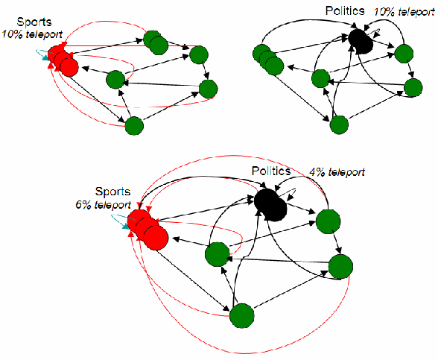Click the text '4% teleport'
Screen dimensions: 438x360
point(337,172)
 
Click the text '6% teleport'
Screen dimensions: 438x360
point(103,205)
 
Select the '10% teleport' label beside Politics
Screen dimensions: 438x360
point(404,12)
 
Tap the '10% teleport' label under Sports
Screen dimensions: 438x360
point(32,34)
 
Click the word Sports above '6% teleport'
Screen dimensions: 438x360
point(113,192)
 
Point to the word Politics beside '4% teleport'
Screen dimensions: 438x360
point(271,171)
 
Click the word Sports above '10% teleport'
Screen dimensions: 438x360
point(34,22)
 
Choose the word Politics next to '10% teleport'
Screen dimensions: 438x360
point(345,11)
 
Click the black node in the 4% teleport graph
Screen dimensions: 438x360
point(270,204)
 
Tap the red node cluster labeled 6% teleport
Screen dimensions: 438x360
point(147,230)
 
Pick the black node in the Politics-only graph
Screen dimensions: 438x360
point(361,42)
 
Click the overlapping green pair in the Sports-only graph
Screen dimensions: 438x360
point(156,42)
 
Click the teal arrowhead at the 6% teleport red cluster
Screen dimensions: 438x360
point(127,226)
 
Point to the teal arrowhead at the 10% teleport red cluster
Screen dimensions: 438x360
point(45,57)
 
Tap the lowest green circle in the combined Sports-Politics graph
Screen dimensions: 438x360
point(242,315)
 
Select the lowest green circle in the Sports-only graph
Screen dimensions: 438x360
point(134,126)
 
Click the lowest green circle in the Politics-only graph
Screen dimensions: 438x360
point(339,125)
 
